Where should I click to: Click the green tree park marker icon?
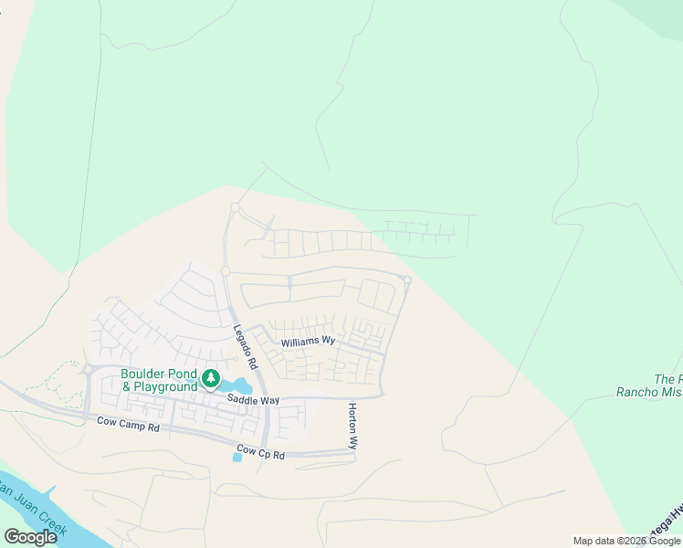click(x=211, y=378)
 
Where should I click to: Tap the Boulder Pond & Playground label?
click(x=159, y=380)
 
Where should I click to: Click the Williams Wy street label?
click(x=308, y=342)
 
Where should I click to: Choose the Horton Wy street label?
click(x=352, y=426)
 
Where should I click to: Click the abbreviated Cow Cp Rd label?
click(x=260, y=451)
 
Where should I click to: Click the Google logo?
click(x=30, y=537)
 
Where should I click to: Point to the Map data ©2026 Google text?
click(x=627, y=541)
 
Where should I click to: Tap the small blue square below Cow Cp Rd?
click(x=237, y=457)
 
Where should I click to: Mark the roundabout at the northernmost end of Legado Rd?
click(x=235, y=208)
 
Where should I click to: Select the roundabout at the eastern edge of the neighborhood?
click(x=407, y=279)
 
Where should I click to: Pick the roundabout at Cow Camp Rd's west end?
click(x=89, y=370)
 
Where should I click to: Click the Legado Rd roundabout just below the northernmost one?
click(x=225, y=271)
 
